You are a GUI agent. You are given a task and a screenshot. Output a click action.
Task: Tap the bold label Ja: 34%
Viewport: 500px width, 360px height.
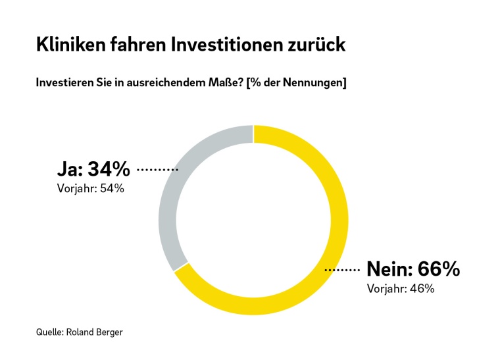pos(94,170)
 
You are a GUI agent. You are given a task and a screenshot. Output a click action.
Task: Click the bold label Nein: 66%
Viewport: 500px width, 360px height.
pos(413,269)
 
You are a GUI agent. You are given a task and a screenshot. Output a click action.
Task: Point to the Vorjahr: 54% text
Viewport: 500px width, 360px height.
pos(91,189)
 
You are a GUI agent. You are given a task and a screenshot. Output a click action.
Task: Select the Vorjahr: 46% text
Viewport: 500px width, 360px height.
pos(400,288)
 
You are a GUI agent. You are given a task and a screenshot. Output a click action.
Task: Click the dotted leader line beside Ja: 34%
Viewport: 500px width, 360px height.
pos(157,170)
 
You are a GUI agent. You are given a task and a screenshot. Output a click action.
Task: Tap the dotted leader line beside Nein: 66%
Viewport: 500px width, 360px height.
pos(342,270)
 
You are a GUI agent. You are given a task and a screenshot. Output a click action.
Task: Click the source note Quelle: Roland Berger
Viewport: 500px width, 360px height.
pos(79,332)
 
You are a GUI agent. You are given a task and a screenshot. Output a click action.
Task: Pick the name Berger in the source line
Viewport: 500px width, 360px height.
pos(109,332)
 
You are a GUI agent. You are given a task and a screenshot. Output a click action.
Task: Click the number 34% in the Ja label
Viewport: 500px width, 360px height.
pos(109,170)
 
